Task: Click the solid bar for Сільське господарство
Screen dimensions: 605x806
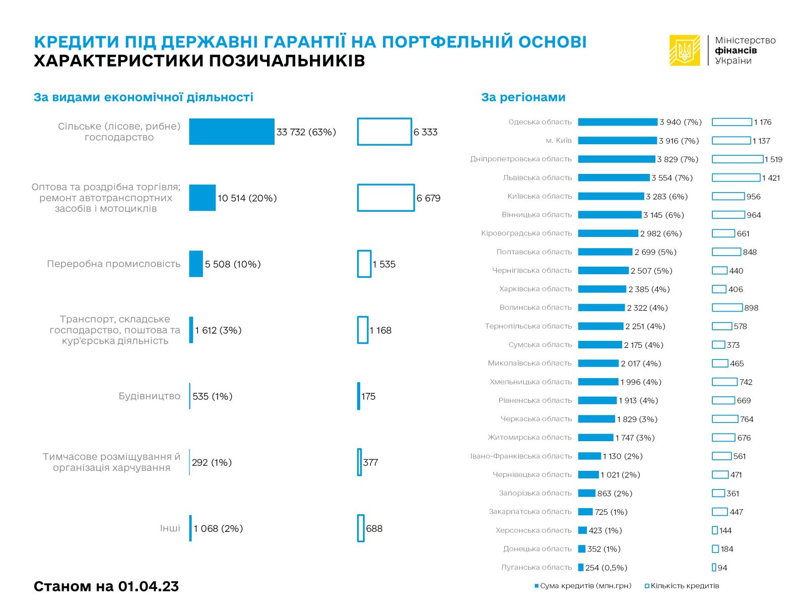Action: coord(232,132)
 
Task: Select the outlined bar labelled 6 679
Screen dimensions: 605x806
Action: coord(386,198)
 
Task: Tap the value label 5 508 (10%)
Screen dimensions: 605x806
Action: coord(233,264)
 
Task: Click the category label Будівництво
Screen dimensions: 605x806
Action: coord(150,396)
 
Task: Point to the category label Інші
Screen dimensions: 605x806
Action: coord(170,528)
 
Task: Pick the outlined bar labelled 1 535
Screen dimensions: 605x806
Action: coord(364,264)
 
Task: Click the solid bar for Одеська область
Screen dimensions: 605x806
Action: coord(618,122)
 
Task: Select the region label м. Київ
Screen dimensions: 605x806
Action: coord(559,141)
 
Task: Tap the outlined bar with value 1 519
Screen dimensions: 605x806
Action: coord(737,159)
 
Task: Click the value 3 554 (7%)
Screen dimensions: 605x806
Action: coord(672,178)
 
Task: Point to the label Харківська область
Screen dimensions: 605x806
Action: coord(535,289)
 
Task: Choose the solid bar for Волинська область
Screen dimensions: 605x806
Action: coord(601,308)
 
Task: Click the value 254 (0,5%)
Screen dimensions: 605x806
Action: coord(606,568)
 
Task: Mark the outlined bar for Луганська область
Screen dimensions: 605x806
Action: coord(714,568)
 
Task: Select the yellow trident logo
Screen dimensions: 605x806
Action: coord(685,50)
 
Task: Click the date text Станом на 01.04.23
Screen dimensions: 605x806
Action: coord(106,586)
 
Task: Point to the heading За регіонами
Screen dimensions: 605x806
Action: coord(523,97)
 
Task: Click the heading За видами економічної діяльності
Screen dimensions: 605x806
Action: coord(144,97)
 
